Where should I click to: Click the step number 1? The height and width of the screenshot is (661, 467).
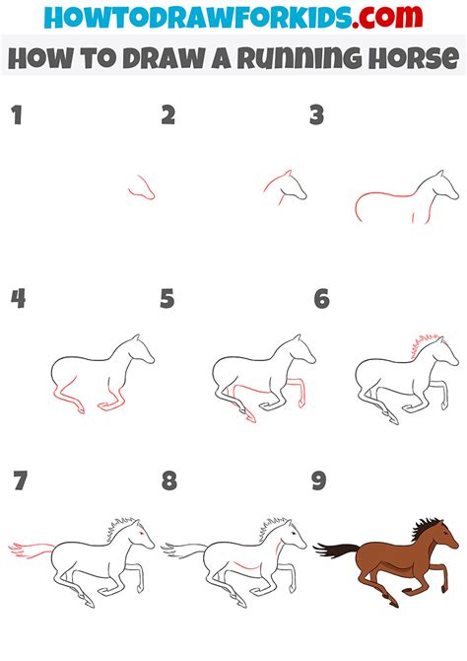click(17, 115)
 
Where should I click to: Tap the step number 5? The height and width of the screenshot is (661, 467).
click(167, 299)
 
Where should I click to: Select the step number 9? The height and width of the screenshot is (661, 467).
click(319, 480)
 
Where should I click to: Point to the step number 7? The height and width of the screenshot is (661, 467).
click(20, 480)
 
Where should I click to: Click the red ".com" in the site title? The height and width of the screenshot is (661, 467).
click(387, 17)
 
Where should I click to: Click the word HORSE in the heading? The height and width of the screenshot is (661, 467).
click(414, 58)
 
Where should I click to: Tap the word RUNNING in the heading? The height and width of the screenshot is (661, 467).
click(300, 58)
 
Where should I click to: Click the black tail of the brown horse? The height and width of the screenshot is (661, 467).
click(336, 550)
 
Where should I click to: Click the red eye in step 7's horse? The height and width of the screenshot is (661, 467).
click(141, 534)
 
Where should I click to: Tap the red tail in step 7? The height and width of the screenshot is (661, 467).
click(32, 550)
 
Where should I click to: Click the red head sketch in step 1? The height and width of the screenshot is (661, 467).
click(142, 187)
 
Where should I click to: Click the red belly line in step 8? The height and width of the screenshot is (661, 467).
click(245, 565)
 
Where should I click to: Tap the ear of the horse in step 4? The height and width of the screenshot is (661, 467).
click(136, 337)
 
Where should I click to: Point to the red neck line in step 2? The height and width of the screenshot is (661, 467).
click(275, 181)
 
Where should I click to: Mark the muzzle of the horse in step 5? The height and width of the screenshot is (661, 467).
click(311, 359)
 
